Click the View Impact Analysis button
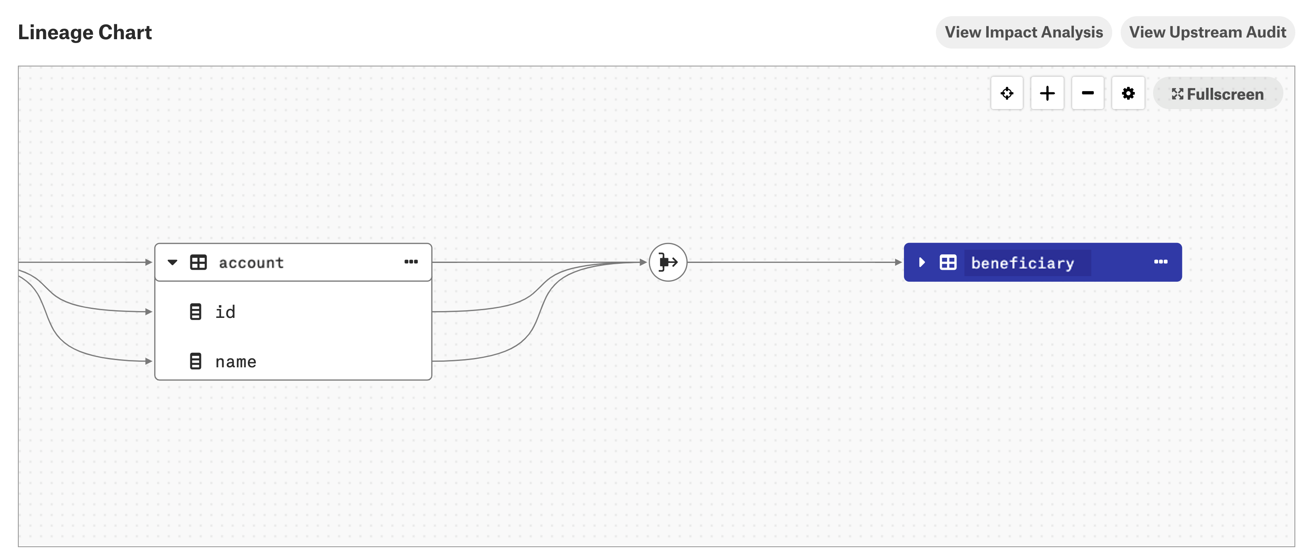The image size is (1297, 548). (1024, 32)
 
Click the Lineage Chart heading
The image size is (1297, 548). (85, 32)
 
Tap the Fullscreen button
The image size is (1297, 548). (1217, 94)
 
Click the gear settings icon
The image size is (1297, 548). (1128, 93)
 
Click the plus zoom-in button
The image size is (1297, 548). (1047, 93)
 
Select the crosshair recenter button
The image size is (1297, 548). (1007, 93)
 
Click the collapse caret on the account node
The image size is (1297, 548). (172, 262)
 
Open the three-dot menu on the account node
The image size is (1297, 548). (411, 262)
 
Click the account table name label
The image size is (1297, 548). (251, 263)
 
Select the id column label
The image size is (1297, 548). (225, 312)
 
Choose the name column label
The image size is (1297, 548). (235, 362)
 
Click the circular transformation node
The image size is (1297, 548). (668, 262)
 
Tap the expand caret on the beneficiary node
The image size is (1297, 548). (922, 262)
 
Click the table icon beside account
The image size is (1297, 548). (198, 262)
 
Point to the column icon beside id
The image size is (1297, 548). (195, 312)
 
